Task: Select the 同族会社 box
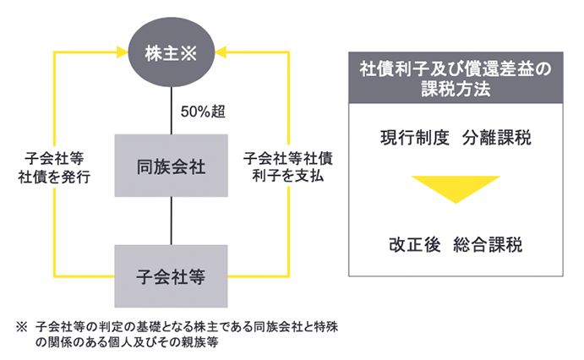172,165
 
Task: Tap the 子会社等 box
172,275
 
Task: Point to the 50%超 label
203,111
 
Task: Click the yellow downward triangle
455,187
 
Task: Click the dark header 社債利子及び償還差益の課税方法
455,78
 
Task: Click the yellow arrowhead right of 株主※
221,53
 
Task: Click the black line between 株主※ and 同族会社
172,110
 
